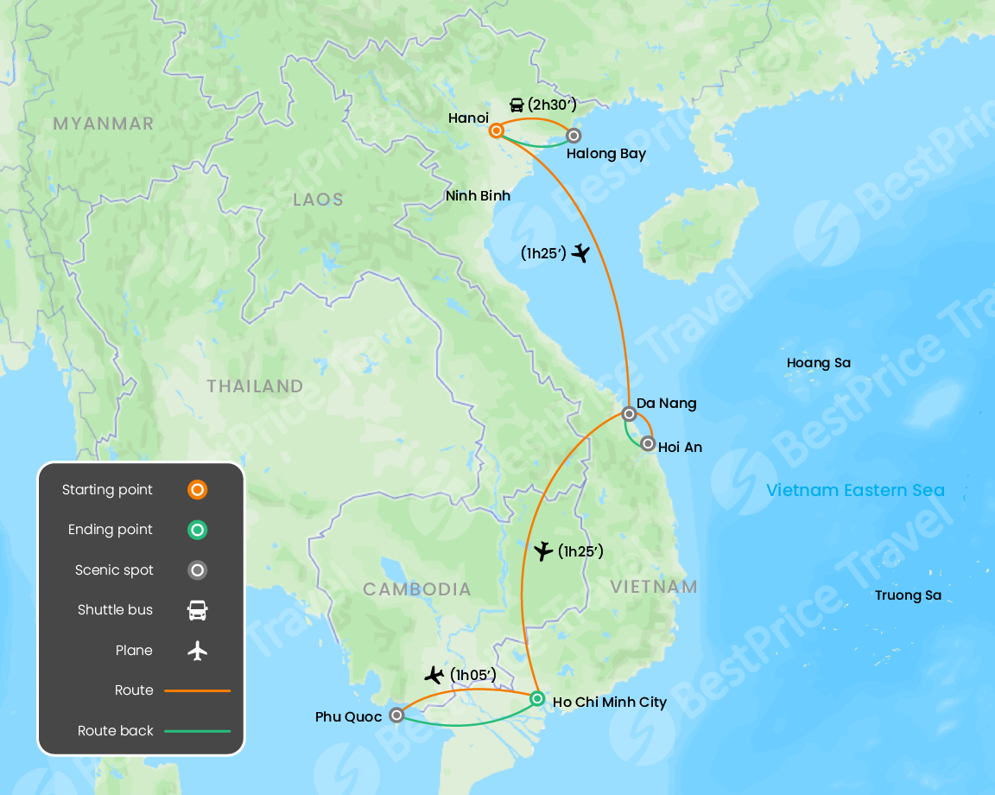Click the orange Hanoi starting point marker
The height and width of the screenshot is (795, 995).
click(497, 131)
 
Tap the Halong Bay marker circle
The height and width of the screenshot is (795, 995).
click(573, 136)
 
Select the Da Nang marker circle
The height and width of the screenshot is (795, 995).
click(629, 414)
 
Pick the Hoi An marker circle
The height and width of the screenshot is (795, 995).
click(648, 444)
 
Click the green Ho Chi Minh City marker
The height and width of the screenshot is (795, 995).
click(537, 698)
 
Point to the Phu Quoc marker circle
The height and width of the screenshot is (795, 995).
click(396, 715)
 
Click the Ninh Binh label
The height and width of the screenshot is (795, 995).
click(478, 196)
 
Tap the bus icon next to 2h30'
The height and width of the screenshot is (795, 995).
click(517, 105)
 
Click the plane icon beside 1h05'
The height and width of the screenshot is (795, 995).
click(434, 675)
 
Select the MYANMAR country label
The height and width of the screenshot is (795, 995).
click(104, 124)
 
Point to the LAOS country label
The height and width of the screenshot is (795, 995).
click(318, 200)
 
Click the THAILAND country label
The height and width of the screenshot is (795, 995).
click(255, 386)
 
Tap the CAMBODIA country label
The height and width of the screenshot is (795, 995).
click(417, 589)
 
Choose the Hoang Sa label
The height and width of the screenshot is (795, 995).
click(819, 363)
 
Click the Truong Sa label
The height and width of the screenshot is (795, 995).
click(908, 595)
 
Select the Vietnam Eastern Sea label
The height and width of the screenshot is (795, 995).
click(855, 491)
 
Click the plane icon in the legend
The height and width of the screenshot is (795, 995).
click(198, 651)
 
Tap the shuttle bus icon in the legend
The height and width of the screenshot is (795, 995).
click(198, 610)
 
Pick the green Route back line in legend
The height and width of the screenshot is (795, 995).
click(198, 731)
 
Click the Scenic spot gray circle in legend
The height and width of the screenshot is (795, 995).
click(198, 570)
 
